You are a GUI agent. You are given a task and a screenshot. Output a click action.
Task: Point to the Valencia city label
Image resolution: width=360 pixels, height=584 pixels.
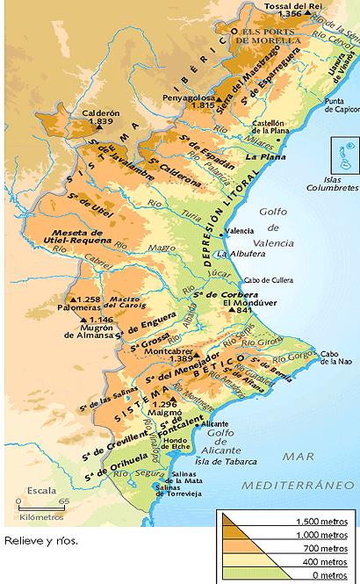pos(240,231)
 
